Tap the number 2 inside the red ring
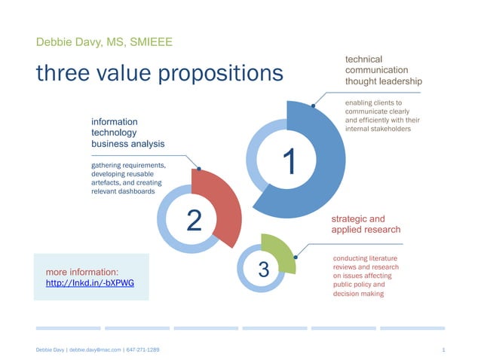click(194, 220)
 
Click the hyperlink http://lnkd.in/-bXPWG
click(92, 283)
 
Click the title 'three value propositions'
click(160, 72)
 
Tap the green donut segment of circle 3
click(280, 252)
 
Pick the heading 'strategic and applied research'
click(366, 224)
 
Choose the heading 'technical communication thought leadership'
click(383, 69)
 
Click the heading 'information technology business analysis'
click(127, 132)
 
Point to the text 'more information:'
click(81, 271)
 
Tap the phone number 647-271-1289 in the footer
click(142, 350)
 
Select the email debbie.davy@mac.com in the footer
click(95, 350)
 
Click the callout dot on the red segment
click(198, 168)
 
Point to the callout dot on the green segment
click(296, 257)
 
